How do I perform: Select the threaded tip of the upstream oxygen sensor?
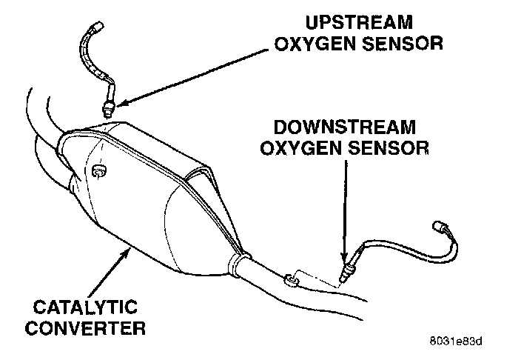109,110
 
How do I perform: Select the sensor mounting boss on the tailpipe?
290,279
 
